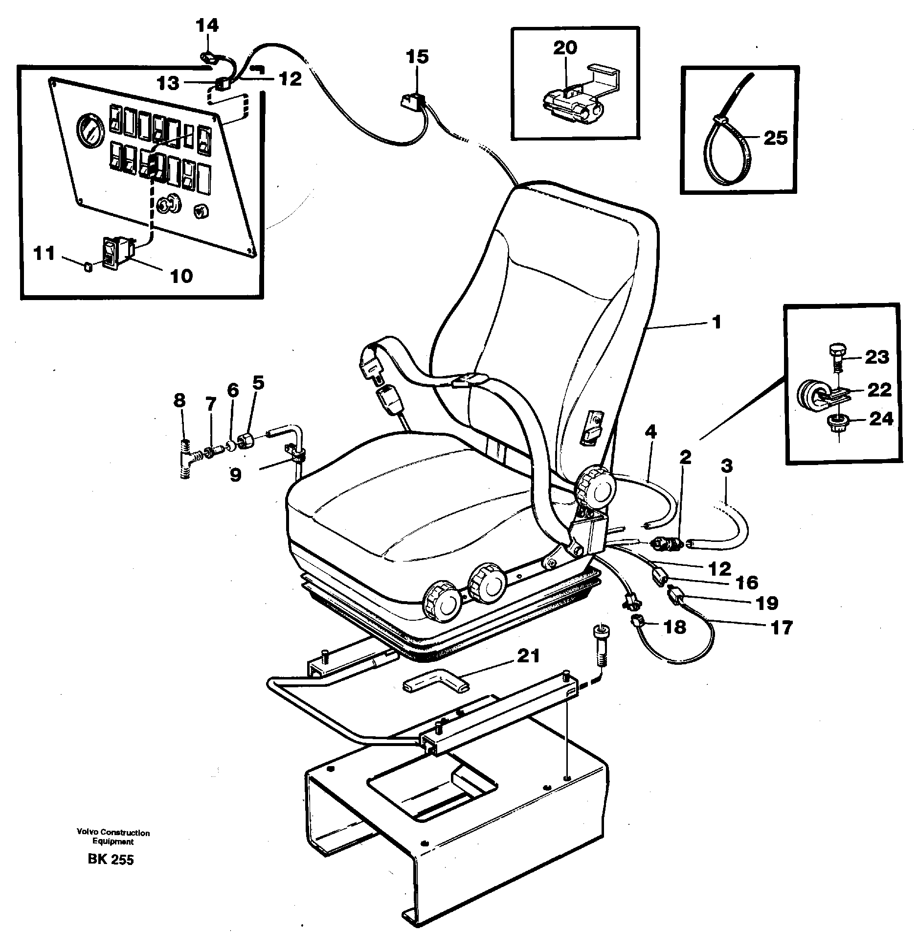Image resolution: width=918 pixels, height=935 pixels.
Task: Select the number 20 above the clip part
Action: point(565,48)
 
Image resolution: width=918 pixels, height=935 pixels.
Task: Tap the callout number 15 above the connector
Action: point(417,56)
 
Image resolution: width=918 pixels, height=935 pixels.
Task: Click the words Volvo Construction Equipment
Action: point(113,837)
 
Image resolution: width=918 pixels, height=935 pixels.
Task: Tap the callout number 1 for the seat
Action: point(716,323)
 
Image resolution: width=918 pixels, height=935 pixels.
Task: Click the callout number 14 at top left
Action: point(207,25)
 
